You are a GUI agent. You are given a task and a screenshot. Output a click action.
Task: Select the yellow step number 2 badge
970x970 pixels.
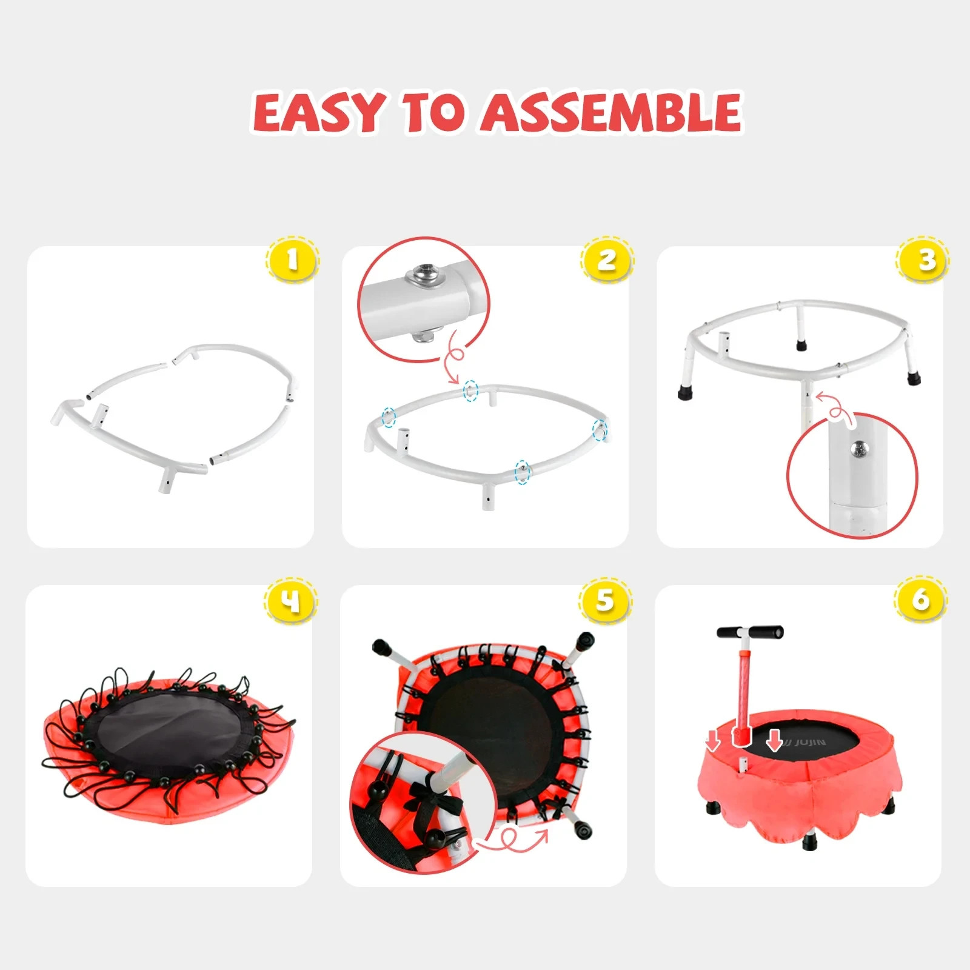tap(607, 259)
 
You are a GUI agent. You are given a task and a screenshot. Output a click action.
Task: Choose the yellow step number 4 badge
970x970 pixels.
tap(291, 601)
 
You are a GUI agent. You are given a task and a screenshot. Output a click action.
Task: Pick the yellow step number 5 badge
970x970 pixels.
tap(606, 601)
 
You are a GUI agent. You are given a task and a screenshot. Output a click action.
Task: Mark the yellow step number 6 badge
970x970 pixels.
tap(921, 600)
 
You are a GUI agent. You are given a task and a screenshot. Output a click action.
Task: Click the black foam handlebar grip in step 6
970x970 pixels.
tap(750, 632)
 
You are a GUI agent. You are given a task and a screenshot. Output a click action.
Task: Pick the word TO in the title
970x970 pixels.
tap(433, 113)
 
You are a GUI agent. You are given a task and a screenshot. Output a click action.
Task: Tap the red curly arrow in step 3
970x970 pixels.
tap(835, 407)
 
